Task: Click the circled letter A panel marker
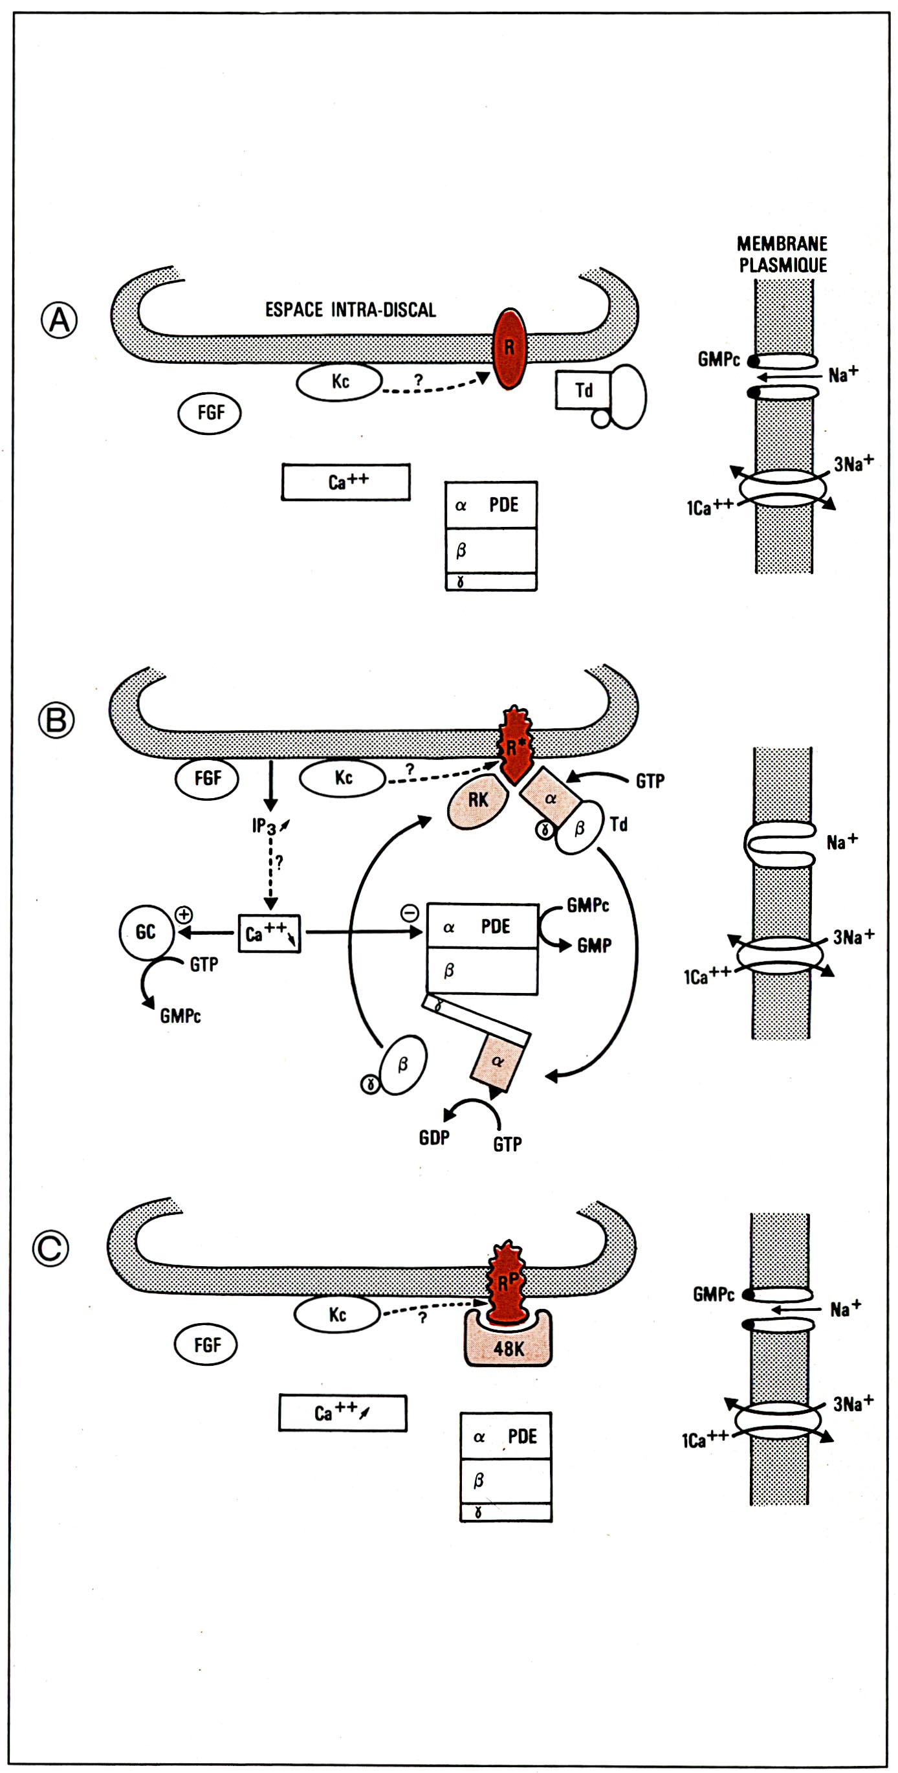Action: tap(59, 320)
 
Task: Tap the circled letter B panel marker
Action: tap(56, 720)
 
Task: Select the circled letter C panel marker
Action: tap(51, 1248)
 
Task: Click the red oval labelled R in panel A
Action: tap(509, 348)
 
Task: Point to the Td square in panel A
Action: tap(583, 390)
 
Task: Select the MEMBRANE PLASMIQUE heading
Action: tap(782, 254)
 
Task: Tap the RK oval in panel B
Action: tap(477, 801)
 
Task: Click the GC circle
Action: tap(145, 933)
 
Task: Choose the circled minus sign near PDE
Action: tap(410, 913)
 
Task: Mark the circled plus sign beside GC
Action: tap(184, 914)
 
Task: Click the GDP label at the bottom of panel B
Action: tap(434, 1137)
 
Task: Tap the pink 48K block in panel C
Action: tap(509, 1348)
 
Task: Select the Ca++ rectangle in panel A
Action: tap(345, 482)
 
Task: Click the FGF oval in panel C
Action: tap(206, 1345)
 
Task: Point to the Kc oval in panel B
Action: tap(342, 778)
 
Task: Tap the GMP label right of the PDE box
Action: tap(594, 946)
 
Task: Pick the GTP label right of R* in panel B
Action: tap(650, 781)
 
